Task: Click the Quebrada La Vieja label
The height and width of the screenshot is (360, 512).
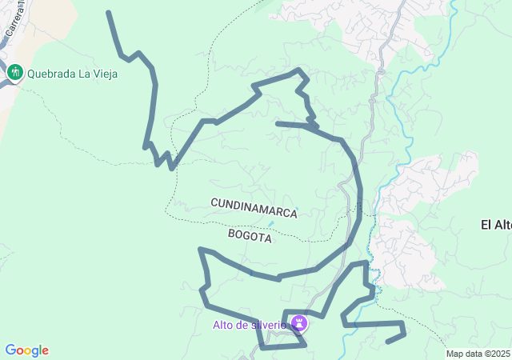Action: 72,74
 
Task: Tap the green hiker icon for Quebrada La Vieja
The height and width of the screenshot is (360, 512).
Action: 14,74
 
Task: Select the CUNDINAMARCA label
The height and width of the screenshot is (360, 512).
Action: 254,209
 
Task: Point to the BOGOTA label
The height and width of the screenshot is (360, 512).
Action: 250,237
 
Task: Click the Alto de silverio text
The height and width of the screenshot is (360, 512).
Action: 249,325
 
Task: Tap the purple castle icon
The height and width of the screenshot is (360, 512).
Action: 300,323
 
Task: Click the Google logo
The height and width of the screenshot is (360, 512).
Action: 26,350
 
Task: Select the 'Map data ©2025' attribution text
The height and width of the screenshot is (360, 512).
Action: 478,354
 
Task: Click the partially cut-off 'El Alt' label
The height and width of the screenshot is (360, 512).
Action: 496,225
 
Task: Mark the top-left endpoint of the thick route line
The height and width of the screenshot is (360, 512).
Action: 108,13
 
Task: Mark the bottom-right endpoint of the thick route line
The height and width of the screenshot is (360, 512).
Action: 388,342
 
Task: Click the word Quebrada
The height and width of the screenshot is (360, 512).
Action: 51,74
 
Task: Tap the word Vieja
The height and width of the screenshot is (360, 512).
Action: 104,74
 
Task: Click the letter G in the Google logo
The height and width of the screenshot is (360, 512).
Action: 10,350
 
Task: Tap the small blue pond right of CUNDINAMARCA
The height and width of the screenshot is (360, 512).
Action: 271,223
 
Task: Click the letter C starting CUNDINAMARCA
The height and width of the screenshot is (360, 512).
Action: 214,204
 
